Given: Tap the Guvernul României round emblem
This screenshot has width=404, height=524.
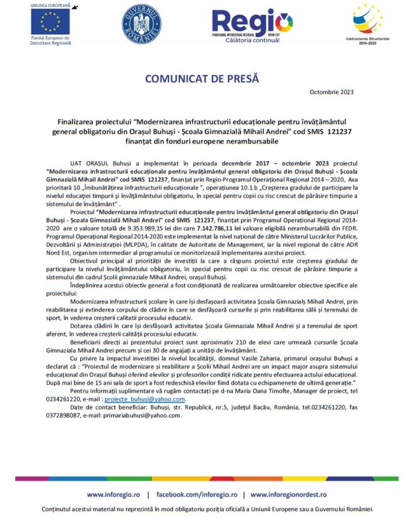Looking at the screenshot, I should (140, 24).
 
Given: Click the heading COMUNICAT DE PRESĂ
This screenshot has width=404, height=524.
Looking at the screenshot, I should (202, 78).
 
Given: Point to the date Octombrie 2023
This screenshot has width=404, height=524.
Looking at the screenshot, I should (331, 92).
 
